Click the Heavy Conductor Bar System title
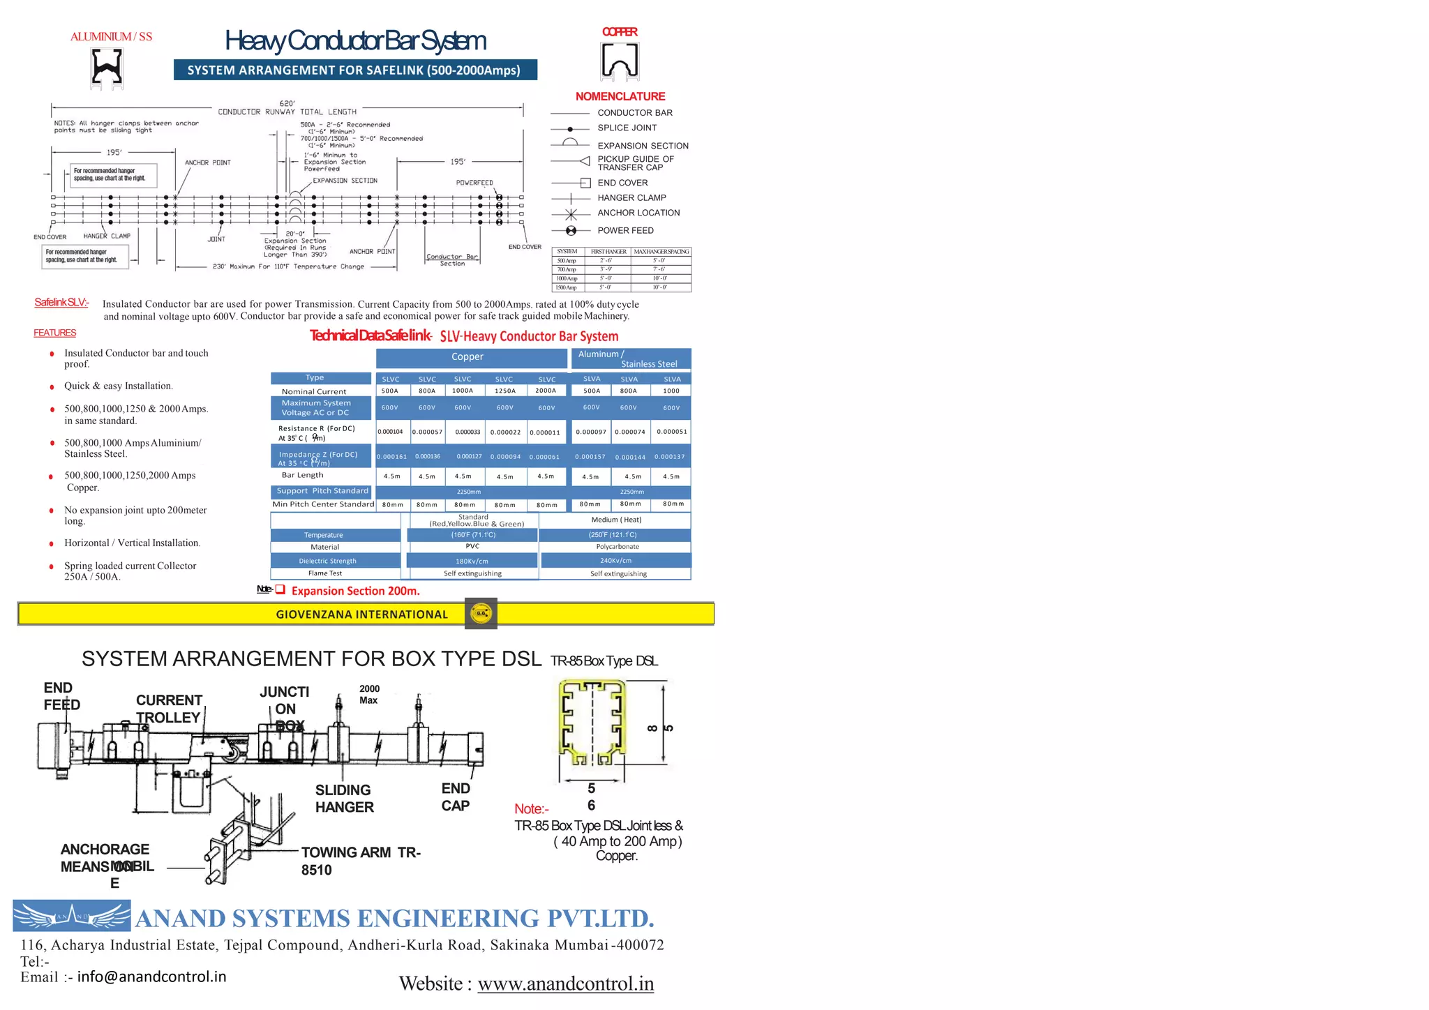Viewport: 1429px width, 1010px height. pyautogui.click(x=355, y=41)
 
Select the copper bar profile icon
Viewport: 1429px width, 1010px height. pyautogui.click(x=620, y=61)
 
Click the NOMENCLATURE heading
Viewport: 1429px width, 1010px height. pyautogui.click(x=620, y=96)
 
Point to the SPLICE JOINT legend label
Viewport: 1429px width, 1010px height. pyautogui.click(x=627, y=128)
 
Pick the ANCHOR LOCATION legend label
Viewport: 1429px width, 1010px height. pyautogui.click(x=638, y=213)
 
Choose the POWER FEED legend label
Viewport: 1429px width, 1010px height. pyautogui.click(x=625, y=230)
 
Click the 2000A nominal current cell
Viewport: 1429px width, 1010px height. pyautogui.click(x=546, y=391)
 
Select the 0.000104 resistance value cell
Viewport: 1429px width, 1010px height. pyautogui.click(x=391, y=432)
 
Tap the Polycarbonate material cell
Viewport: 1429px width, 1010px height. pyautogui.click(x=617, y=547)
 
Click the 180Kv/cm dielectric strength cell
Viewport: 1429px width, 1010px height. pyautogui.click(x=472, y=561)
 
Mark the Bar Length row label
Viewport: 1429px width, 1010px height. pyautogui.click(x=302, y=475)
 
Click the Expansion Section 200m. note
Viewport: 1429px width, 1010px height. pyautogui.click(x=355, y=591)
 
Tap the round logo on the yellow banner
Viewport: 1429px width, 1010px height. pyautogui.click(x=481, y=614)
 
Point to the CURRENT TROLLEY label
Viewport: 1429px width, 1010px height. pyautogui.click(x=169, y=709)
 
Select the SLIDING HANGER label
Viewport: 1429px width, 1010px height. pyautogui.click(x=344, y=799)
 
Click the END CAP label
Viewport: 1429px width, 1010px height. pyautogui.click(x=456, y=797)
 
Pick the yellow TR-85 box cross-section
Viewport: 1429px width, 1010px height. pyautogui.click(x=592, y=725)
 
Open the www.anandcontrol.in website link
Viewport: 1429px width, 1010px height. pyautogui.click(x=565, y=983)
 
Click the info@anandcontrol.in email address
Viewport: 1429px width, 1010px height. pyautogui.click(x=151, y=977)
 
